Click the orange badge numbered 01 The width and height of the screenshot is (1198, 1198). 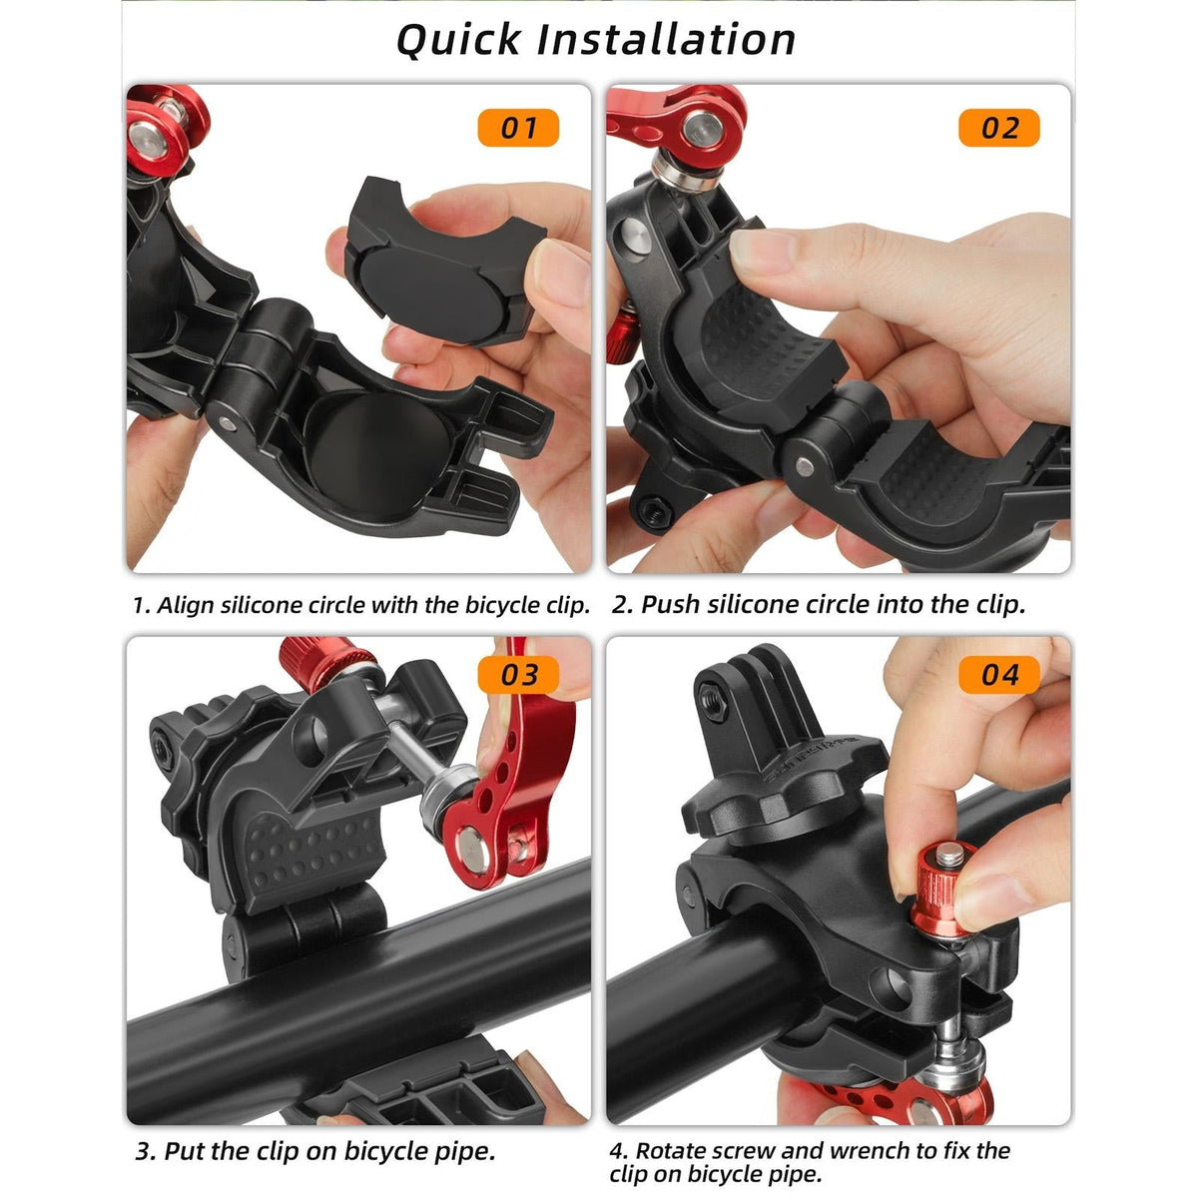click(517, 129)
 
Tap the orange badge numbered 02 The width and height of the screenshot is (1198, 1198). click(998, 129)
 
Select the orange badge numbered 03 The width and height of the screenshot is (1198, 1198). click(518, 675)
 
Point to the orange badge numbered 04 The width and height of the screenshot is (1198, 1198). click(998, 675)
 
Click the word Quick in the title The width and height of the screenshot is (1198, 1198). click(457, 40)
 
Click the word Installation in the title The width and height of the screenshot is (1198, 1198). click(666, 40)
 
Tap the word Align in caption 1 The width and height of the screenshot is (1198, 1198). click(187, 605)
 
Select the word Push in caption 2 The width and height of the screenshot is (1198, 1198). click(672, 605)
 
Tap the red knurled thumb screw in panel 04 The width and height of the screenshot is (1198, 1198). click(942, 879)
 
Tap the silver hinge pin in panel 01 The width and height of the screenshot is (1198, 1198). click(227, 423)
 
